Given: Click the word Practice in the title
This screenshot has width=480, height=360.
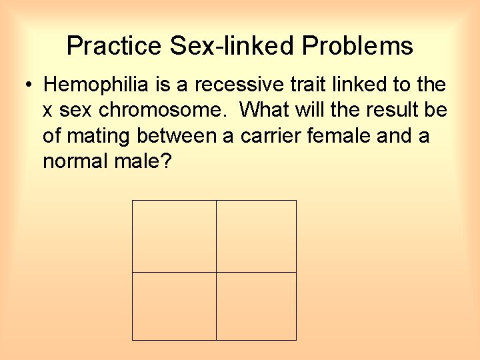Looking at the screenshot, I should pyautogui.click(x=114, y=46).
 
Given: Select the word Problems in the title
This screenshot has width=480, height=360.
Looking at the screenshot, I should pyautogui.click(x=357, y=46).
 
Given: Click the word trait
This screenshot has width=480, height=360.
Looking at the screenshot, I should pyautogui.click(x=288, y=85).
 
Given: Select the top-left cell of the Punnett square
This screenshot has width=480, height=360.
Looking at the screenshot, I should pyautogui.click(x=174, y=236).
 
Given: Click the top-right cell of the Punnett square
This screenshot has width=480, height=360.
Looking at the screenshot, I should pyautogui.click(x=257, y=236).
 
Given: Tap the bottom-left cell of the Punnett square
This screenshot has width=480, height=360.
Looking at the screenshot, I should pyautogui.click(x=174, y=306).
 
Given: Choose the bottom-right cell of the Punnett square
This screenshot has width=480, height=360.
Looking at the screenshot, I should pyautogui.click(x=257, y=306).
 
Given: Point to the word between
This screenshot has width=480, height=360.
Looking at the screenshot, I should pyautogui.click(x=179, y=136).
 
